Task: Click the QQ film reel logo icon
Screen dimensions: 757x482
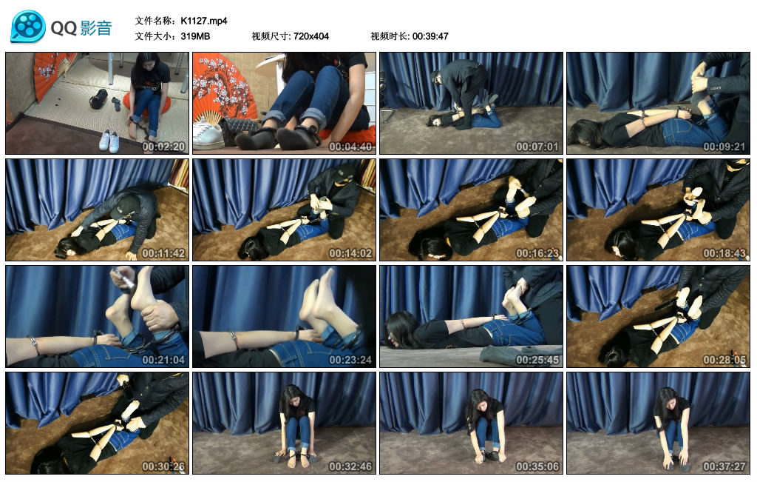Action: coord(28,26)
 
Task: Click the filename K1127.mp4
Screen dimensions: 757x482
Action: coord(204,21)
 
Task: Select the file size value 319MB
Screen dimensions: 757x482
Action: coord(195,36)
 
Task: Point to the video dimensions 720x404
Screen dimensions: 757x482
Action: coord(311,36)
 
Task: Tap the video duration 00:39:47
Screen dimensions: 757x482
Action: coord(430,36)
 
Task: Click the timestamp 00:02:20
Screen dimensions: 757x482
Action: coord(163,147)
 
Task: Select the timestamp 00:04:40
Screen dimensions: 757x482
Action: coord(350,147)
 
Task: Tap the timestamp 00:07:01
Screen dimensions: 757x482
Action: coord(537,147)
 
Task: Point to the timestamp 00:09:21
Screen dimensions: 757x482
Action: coord(724,147)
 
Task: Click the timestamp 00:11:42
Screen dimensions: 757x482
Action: coord(163,253)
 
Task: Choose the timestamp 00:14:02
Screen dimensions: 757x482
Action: coord(350,253)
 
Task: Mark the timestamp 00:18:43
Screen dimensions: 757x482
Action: coord(724,253)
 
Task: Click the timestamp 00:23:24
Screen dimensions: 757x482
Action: coord(350,360)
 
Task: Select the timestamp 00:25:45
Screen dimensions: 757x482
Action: coord(537,360)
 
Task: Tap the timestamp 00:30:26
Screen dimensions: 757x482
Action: coord(163,466)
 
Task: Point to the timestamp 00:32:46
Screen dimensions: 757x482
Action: coord(350,466)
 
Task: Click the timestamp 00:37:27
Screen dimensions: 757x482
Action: coord(724,466)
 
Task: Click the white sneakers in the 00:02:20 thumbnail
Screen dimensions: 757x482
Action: coord(109,141)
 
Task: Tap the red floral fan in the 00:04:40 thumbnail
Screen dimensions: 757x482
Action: coord(222,91)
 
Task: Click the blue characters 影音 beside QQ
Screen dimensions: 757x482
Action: coord(96,28)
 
